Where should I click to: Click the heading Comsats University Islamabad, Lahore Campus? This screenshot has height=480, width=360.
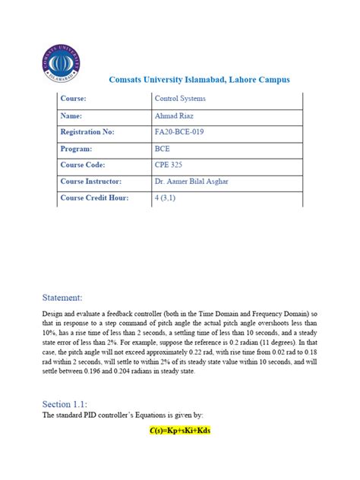click(195, 80)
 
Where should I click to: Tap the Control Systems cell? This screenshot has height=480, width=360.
click(180, 99)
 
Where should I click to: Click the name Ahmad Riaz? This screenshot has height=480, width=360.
click(175, 115)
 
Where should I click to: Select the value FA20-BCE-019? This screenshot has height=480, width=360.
click(180, 132)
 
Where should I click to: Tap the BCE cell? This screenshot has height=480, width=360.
click(163, 149)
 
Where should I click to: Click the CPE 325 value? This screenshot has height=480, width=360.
click(169, 165)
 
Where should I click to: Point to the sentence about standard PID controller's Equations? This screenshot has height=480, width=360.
click(125, 415)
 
